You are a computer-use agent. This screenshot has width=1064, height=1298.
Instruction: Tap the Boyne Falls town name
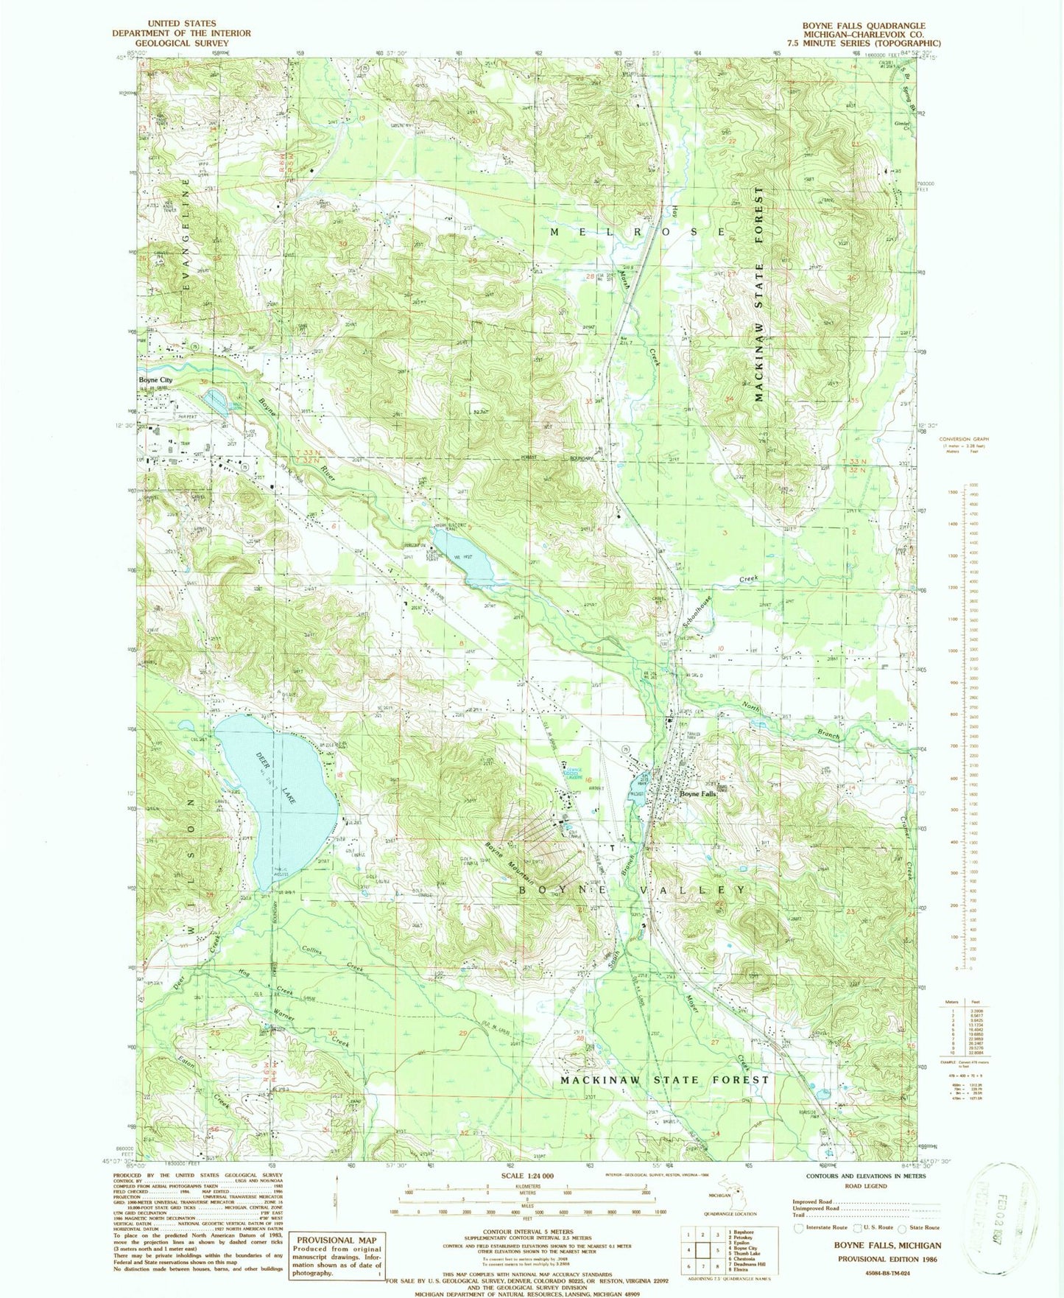697,795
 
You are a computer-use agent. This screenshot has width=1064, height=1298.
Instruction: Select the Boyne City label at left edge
155,380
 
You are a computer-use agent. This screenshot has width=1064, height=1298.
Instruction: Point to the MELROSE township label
639,232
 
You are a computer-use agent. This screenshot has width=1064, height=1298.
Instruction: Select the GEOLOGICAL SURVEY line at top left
181,43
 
